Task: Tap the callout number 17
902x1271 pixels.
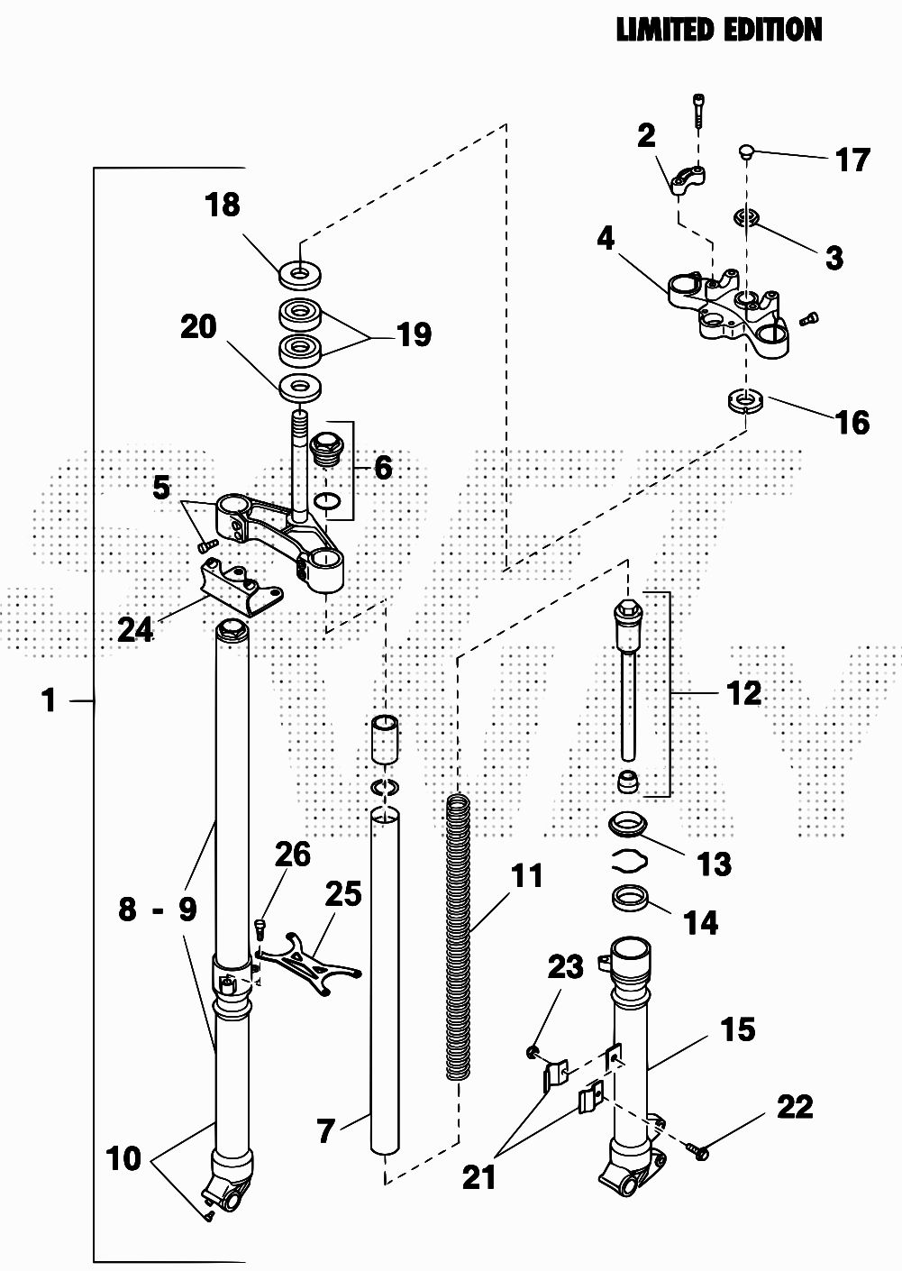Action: [x=852, y=160]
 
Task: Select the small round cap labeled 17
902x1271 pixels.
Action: [x=747, y=152]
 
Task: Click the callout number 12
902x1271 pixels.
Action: [x=743, y=693]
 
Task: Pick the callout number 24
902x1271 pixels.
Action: [x=135, y=630]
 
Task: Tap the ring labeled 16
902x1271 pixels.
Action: [x=745, y=400]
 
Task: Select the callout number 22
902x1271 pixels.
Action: [x=796, y=1106]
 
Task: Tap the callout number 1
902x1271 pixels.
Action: [x=50, y=700]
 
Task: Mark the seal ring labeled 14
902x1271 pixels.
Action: [x=631, y=898]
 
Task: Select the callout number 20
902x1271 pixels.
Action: [x=198, y=327]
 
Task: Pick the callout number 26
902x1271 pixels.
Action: [x=293, y=855]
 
